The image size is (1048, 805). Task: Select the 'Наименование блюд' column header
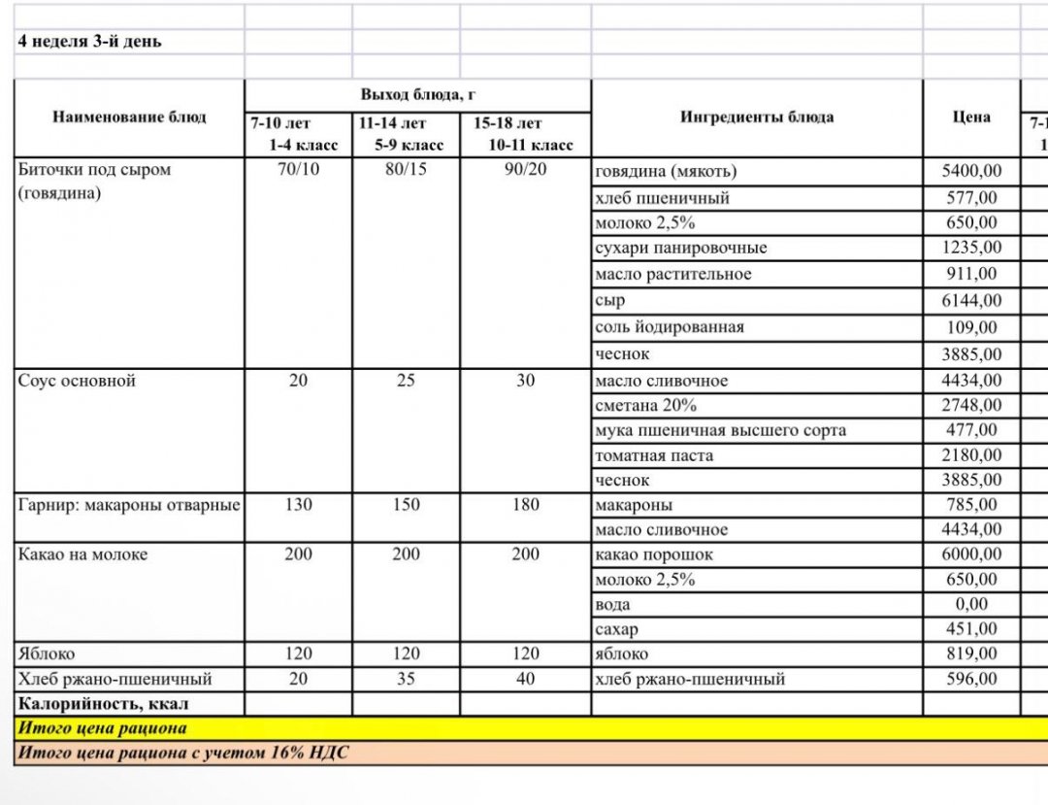[x=129, y=117]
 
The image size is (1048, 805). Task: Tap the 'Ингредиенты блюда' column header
[x=756, y=117]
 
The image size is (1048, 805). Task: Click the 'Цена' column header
[x=971, y=117]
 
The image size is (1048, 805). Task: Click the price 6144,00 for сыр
[x=971, y=301]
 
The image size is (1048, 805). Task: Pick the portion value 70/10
[x=298, y=170]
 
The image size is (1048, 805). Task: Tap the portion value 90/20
[x=525, y=170]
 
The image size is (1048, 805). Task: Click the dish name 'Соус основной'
[x=77, y=381]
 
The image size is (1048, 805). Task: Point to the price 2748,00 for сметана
[x=971, y=405]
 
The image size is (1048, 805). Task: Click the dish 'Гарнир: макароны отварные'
[x=129, y=505]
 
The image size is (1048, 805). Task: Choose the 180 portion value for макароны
[x=525, y=505]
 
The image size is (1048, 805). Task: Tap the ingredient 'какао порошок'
[x=654, y=554]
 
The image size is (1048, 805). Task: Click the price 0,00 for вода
[x=971, y=604]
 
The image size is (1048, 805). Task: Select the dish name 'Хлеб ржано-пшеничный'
[x=115, y=679]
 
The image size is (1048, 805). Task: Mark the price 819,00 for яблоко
[x=971, y=654]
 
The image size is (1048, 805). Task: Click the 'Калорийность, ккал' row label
[x=103, y=703]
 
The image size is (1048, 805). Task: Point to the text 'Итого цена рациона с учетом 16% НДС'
[x=184, y=753]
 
